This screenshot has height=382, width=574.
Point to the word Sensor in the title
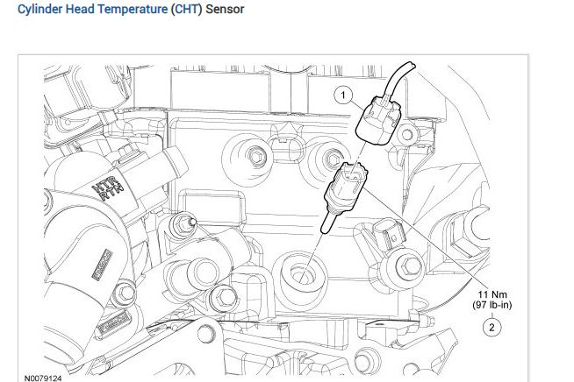[x=224, y=10]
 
